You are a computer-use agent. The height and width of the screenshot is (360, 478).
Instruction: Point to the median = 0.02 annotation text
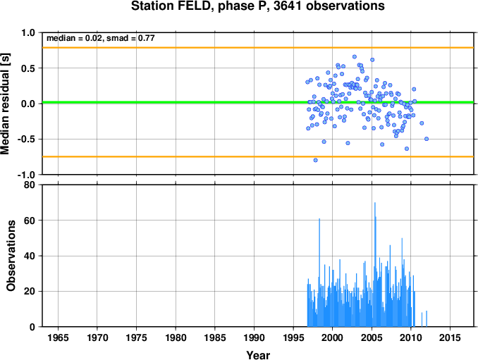pos(74,38)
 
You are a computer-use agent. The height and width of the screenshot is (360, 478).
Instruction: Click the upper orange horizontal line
pos(258,47)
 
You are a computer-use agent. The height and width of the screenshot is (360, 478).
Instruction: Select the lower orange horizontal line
pos(258,156)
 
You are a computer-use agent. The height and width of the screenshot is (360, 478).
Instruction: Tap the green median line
pos(258,102)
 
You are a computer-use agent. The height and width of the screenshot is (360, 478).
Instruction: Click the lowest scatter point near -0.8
pos(316,160)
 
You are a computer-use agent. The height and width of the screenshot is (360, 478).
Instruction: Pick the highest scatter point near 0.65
pos(355,56)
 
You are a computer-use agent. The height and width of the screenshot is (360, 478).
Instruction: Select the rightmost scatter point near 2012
pos(427,139)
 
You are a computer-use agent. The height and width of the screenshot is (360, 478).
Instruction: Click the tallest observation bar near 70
pos(374,264)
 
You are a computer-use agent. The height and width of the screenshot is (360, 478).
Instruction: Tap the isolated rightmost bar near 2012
pos(427,318)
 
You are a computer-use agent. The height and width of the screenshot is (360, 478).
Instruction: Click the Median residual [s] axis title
pos(5,104)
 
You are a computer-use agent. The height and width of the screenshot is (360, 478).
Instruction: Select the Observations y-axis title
pos(11,256)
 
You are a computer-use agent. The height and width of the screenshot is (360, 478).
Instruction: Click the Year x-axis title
pos(258,355)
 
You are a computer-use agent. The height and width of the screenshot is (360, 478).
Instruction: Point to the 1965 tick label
pos(58,337)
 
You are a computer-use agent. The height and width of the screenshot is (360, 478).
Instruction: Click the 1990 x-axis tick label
pos(254,337)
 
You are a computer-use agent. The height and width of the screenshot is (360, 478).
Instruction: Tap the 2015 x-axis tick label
pos(450,337)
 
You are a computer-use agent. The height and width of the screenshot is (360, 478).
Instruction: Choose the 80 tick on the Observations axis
pos(30,185)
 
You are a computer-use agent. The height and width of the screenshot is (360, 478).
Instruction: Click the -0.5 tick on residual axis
pos(26,139)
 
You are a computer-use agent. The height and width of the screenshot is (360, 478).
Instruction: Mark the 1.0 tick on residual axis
pos(28,32)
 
